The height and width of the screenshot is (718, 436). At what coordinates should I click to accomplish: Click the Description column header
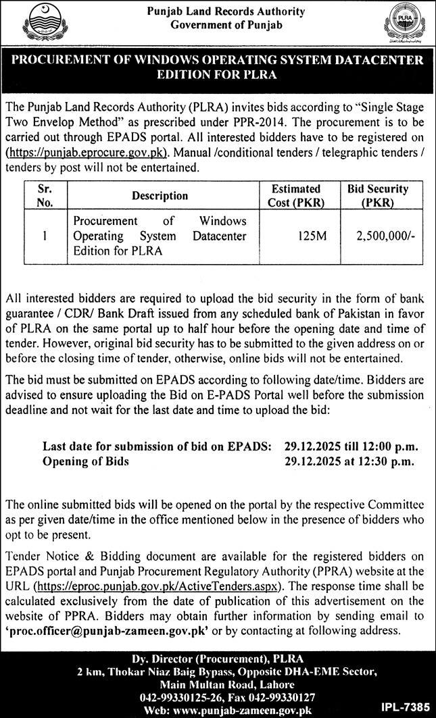pyautogui.click(x=160, y=196)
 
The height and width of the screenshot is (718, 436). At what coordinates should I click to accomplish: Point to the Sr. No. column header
pyautogui.click(x=44, y=196)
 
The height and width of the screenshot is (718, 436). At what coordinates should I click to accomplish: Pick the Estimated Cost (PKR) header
pyautogui.click(x=295, y=196)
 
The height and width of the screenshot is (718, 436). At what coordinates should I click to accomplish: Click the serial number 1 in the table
pyautogui.click(x=44, y=237)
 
